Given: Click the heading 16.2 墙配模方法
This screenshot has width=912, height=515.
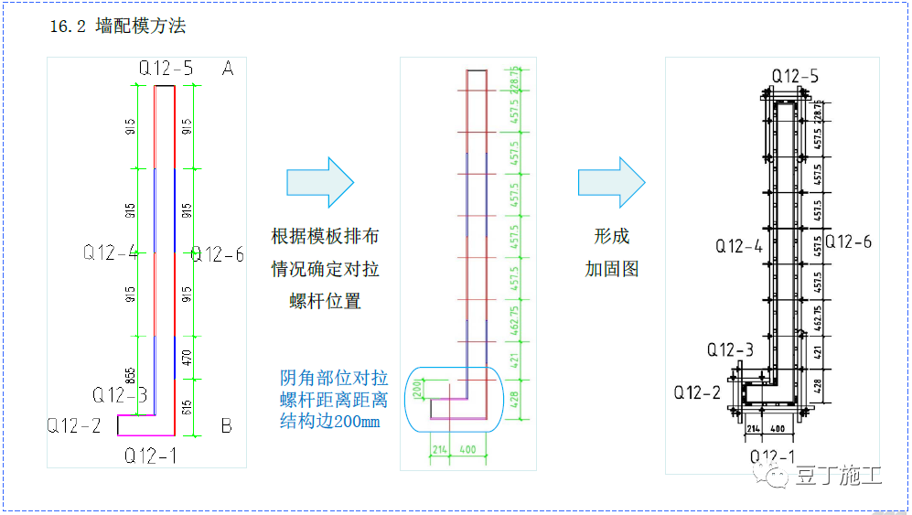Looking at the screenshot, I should [x=118, y=27].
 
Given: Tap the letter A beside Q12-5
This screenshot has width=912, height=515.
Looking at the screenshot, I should [x=228, y=69].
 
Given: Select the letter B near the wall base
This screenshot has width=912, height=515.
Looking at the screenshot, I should [x=226, y=426].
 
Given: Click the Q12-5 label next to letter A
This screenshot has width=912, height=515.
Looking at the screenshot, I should [x=166, y=69].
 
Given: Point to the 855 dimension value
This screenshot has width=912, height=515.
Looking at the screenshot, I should [x=131, y=375].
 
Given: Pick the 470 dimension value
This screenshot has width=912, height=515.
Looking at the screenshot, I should [x=188, y=359].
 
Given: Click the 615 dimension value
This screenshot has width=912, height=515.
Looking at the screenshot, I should [x=188, y=406].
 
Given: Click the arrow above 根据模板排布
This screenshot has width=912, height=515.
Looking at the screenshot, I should [x=319, y=182].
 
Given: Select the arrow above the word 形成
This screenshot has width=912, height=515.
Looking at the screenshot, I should [x=612, y=182].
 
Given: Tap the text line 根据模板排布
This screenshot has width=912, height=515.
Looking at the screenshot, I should [x=325, y=237].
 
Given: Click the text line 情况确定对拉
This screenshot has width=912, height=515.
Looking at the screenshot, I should [x=325, y=269].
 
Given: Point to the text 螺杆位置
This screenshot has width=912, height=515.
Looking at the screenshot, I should [x=325, y=301].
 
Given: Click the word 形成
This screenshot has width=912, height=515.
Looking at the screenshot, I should [x=612, y=237].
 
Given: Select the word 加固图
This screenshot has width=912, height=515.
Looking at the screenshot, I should [x=612, y=269].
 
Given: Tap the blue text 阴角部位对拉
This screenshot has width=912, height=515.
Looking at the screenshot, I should [x=334, y=378].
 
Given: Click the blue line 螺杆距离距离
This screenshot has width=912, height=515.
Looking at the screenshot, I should [x=334, y=400].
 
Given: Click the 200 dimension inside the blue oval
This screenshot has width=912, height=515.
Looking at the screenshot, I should [x=417, y=391].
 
